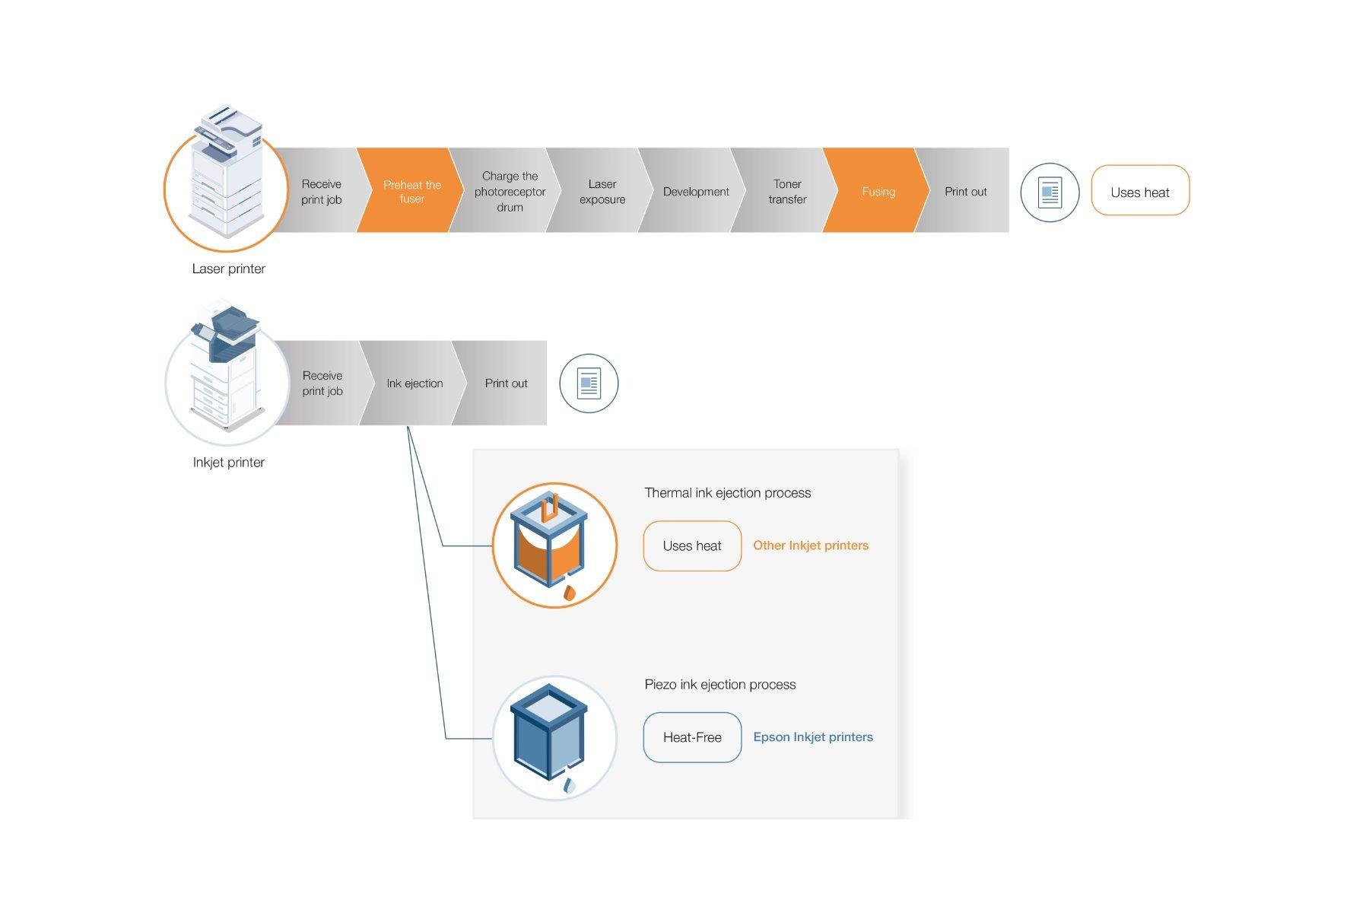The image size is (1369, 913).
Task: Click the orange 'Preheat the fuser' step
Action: coord(411,191)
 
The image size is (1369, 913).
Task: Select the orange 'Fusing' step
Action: coord(878,191)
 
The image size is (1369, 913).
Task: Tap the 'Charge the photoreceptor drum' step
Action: coord(509,191)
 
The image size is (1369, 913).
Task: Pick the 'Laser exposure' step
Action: coord(602,191)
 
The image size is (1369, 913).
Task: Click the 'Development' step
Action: coord(695,191)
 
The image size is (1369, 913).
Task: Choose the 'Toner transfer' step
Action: coord(787,191)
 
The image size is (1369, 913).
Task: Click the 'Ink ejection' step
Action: coord(415,383)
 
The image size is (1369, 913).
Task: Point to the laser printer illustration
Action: coord(226,173)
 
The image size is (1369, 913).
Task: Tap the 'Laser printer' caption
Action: coord(228,269)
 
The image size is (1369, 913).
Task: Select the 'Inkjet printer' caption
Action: coord(228,462)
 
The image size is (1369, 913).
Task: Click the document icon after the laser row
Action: coord(1050,192)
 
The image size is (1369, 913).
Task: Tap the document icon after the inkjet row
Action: coord(589,383)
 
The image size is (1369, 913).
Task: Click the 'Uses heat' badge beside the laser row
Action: coord(1139,192)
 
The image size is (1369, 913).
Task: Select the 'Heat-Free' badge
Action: coord(692,736)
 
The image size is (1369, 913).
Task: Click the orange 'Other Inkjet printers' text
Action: coord(810,546)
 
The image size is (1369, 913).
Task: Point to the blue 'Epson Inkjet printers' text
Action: coord(812,736)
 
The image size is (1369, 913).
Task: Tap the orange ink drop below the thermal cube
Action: coord(569,593)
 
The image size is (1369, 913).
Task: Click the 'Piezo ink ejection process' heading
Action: coord(719,684)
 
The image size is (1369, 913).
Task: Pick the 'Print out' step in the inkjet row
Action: coord(506,383)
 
